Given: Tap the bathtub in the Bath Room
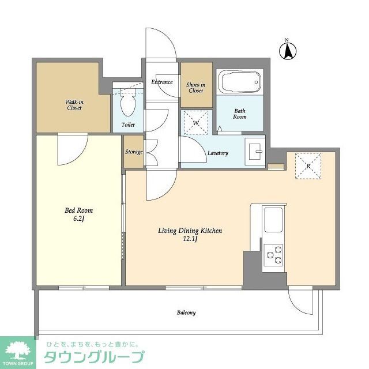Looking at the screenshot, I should (x=239, y=82).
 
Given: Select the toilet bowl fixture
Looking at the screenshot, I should (x=128, y=103).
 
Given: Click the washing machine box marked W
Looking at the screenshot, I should (x=196, y=122).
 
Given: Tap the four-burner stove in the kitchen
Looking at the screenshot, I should (x=273, y=254).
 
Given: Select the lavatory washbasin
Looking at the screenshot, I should (x=254, y=150).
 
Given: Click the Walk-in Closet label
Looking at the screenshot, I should (x=74, y=104).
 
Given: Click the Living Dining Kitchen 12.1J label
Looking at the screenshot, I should (x=190, y=235).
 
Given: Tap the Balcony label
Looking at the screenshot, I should (x=186, y=313).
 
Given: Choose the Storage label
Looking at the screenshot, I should (x=134, y=152).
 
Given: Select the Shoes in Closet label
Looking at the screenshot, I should (x=195, y=88).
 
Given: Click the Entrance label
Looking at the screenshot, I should (x=162, y=82).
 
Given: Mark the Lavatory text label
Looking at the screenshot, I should (x=218, y=153).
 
